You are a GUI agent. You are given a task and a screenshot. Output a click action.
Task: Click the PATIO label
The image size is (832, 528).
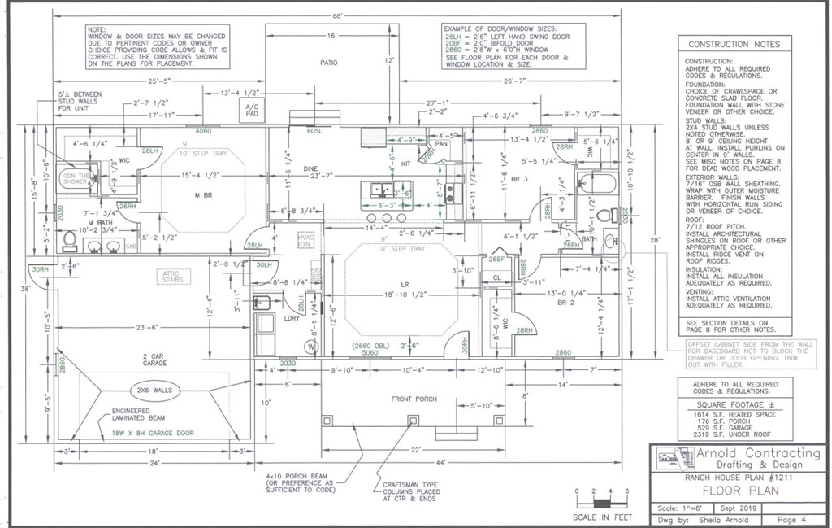[x=328, y=62]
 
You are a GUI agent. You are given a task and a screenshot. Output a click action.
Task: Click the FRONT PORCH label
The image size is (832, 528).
[x=414, y=399]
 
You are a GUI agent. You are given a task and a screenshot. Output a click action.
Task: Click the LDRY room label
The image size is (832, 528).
[x=291, y=319]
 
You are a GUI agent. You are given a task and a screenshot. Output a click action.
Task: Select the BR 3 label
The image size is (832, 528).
[x=522, y=179]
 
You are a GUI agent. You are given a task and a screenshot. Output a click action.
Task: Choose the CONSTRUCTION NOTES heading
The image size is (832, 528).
[x=733, y=44]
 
